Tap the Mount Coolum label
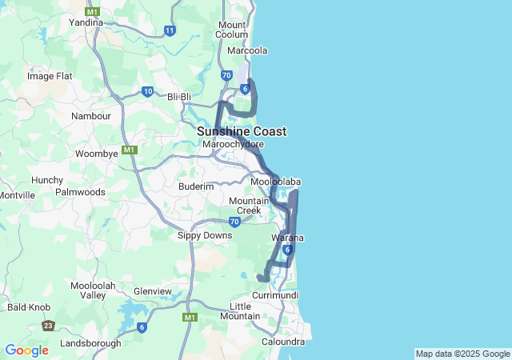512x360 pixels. [232, 29]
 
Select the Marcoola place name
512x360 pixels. [247, 50]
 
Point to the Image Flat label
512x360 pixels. [50, 76]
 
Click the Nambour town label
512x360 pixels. [90, 116]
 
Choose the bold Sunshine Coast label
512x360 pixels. [242, 131]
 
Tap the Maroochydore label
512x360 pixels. [233, 145]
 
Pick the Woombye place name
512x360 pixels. [96, 153]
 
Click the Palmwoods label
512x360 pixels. [80, 192]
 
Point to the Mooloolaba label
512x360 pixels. [275, 182]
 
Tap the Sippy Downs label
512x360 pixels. [205, 235]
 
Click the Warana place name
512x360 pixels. [287, 238]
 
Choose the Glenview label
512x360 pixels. [152, 291]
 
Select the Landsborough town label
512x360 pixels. [90, 343]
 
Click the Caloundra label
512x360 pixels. [283, 342]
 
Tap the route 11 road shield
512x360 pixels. [170, 30]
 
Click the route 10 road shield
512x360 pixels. [147, 91]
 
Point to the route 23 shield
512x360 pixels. [49, 326]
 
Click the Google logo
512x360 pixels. [26, 350]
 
